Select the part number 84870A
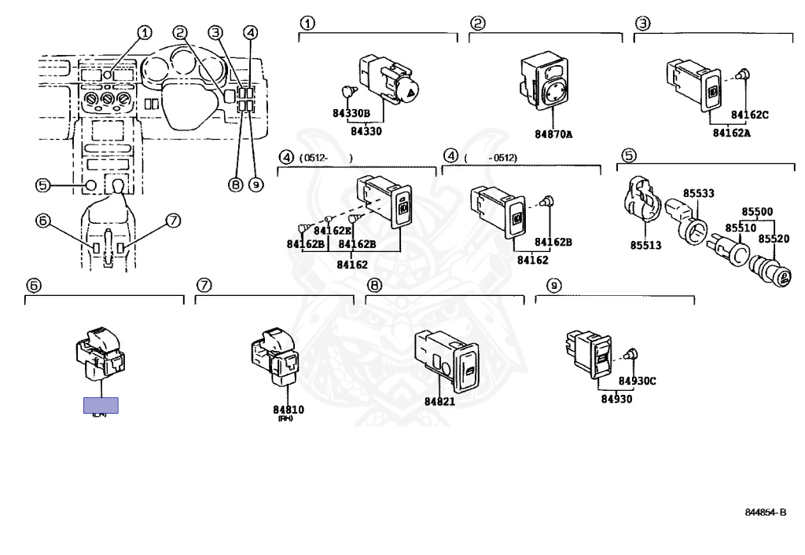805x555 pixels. [x=553, y=134]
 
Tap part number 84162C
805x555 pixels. [x=749, y=115]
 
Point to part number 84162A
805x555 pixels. [x=731, y=133]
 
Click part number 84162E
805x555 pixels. [x=332, y=231]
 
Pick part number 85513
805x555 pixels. [x=645, y=245]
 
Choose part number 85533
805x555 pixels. [x=698, y=193]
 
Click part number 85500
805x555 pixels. [x=756, y=212]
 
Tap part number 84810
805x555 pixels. [x=289, y=410]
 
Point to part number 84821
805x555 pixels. [x=440, y=401]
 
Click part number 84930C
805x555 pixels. [x=636, y=382]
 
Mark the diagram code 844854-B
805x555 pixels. [x=765, y=513]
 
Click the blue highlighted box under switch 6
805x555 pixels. [x=101, y=405]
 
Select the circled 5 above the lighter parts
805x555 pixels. [x=629, y=155]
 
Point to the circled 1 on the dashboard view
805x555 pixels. [x=144, y=32]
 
